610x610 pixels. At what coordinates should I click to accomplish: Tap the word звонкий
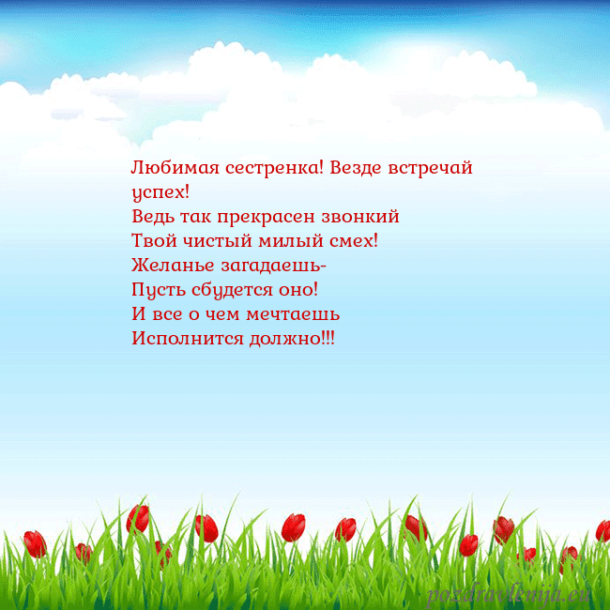click(x=363, y=218)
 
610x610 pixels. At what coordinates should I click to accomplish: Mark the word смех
click(x=352, y=241)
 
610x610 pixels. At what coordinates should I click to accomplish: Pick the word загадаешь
click(x=271, y=267)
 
